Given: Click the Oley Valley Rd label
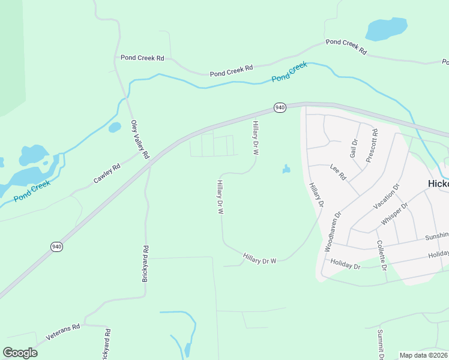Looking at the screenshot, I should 140,139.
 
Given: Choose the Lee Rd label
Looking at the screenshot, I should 339,173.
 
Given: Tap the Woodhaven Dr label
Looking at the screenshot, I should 333,230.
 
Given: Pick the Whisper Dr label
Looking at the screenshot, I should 394,214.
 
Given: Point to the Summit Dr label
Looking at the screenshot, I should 381,344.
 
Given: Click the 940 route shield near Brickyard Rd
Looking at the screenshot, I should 56,246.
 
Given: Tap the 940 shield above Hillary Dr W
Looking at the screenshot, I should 280,107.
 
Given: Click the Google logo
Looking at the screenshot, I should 20,353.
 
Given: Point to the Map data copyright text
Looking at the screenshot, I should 424,355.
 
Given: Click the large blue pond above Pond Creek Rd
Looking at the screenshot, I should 386,28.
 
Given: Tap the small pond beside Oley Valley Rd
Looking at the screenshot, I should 115,127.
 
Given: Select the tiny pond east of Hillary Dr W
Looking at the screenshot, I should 286,170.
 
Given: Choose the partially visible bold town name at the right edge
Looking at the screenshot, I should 438,184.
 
